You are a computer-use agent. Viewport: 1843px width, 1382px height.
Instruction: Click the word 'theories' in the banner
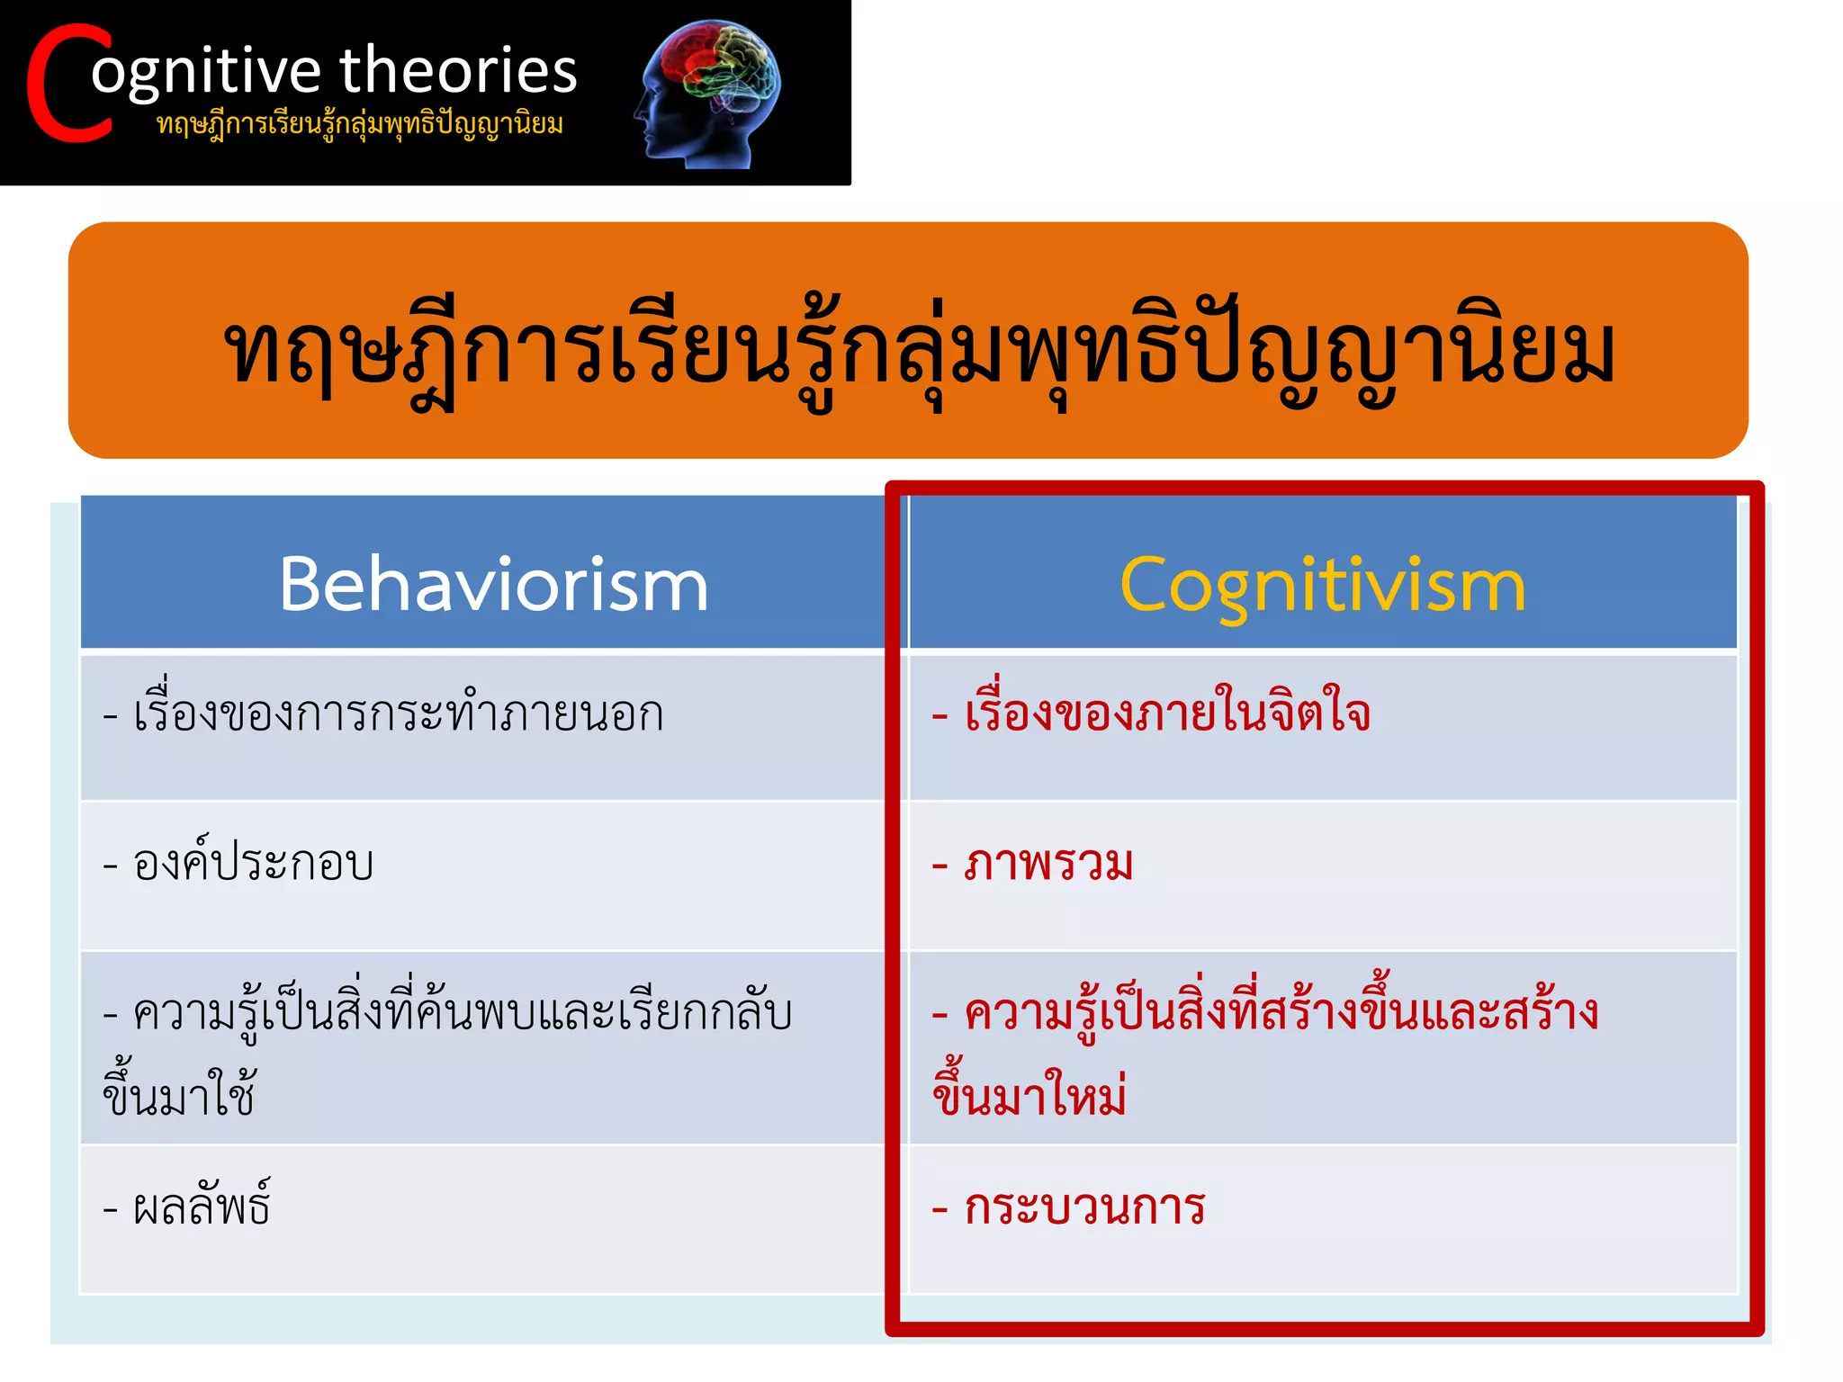pyautogui.click(x=458, y=70)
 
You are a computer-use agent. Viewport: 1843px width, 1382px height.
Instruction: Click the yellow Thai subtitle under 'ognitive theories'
pyautogui.click(x=360, y=124)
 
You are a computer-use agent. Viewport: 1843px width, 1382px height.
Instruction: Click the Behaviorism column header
pyautogui.click(x=493, y=585)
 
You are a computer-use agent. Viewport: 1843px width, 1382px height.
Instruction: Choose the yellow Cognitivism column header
pyautogui.click(x=1322, y=585)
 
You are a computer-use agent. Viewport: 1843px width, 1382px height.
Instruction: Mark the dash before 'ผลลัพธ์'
pyautogui.click(x=111, y=1208)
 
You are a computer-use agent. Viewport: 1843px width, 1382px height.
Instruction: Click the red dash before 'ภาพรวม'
pyautogui.click(x=939, y=866)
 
